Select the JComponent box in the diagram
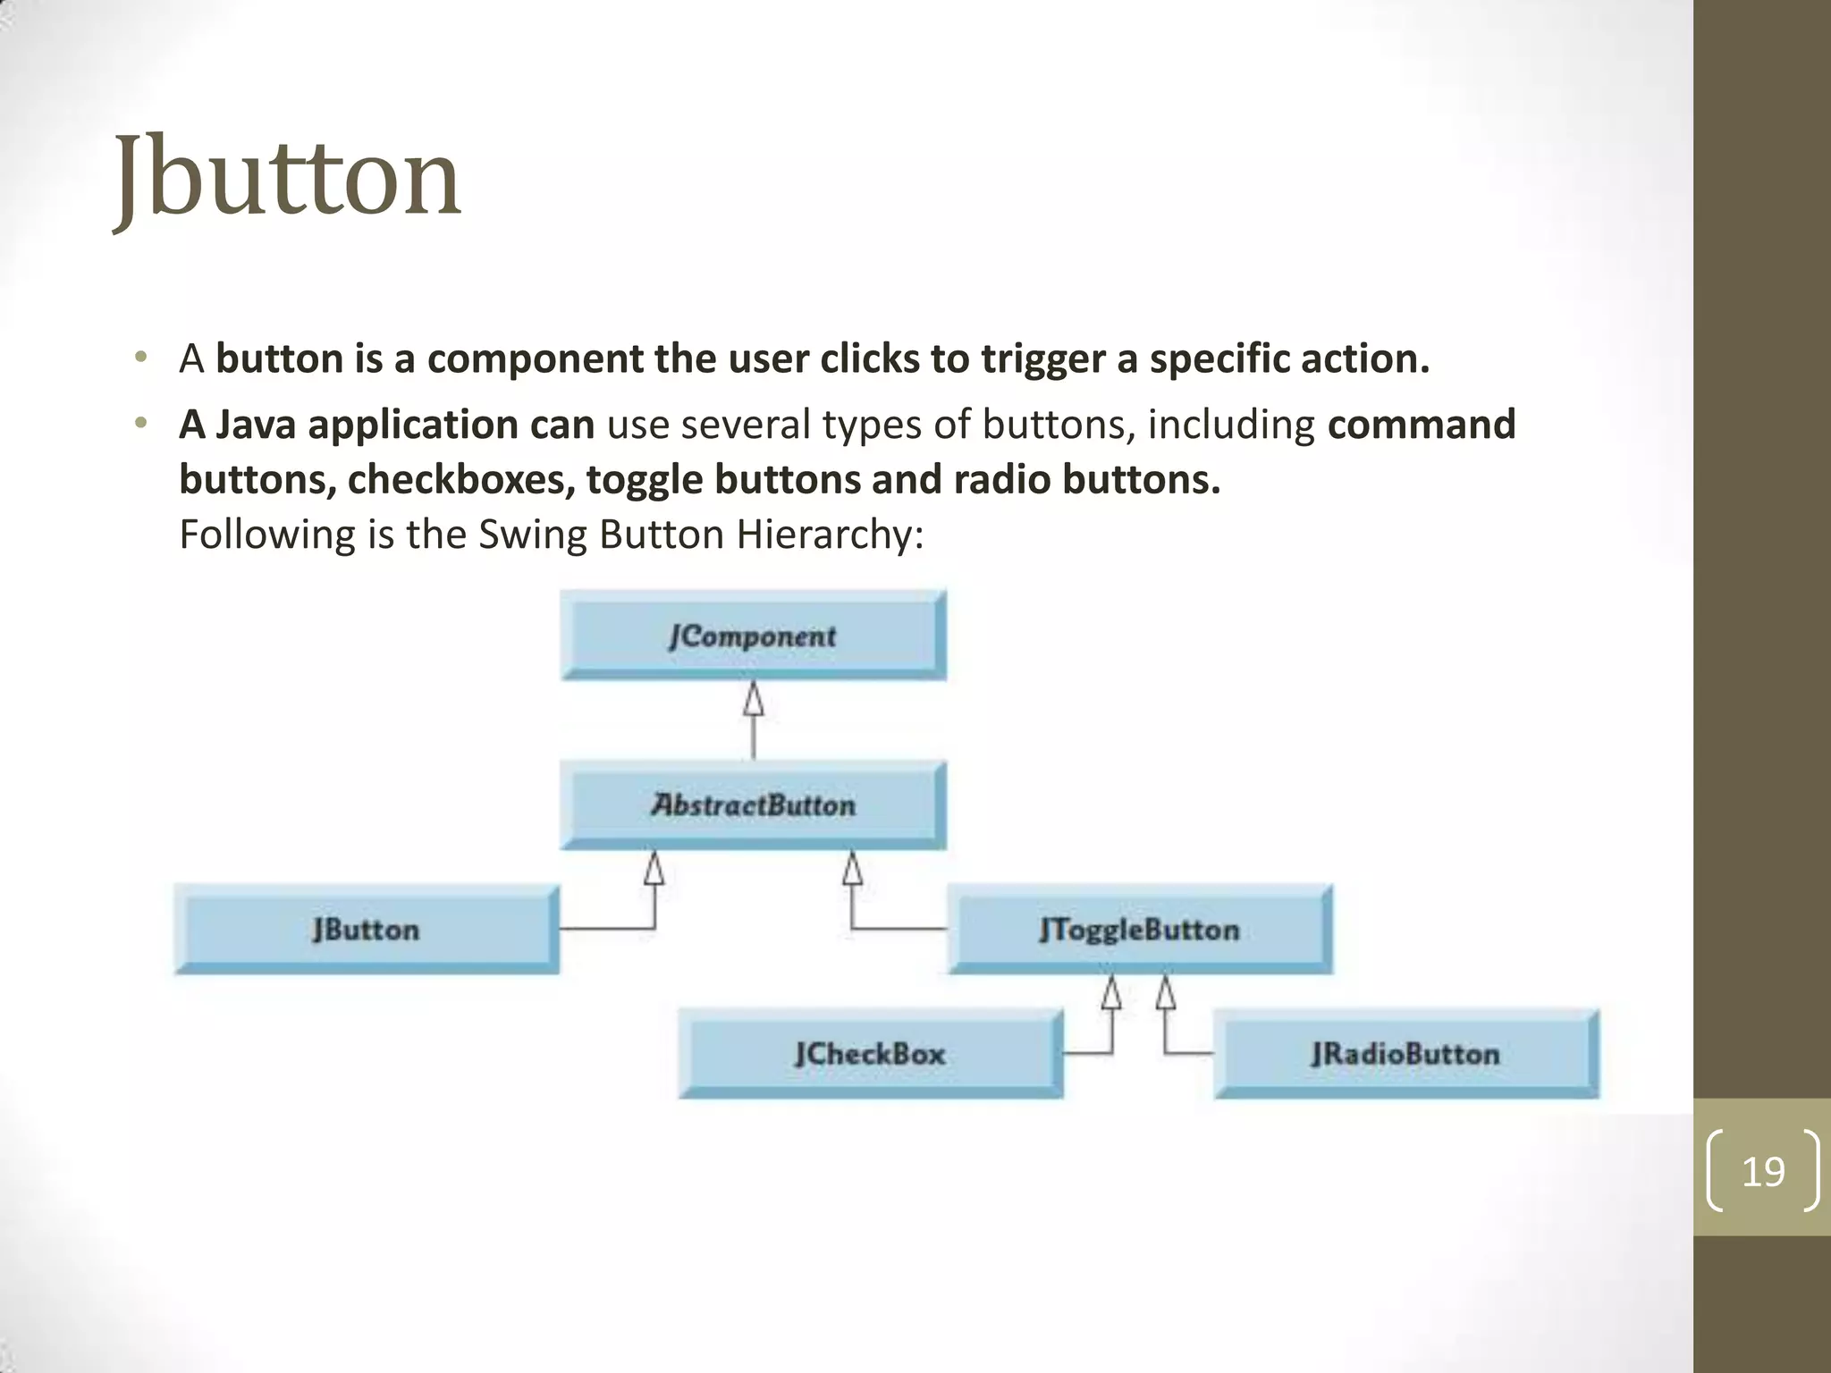pos(753,636)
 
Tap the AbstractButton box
pos(753,804)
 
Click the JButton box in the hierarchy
pos(367,929)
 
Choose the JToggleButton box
pos(1140,929)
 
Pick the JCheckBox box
pos(870,1053)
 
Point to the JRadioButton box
pos(1405,1053)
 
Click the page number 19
pos(1763,1171)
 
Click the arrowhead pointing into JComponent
pos(754,699)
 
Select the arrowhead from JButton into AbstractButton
pos(654,868)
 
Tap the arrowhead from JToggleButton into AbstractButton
pos(853,868)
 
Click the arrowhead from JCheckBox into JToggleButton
pos(1111,992)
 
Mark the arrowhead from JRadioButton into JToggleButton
pos(1165,992)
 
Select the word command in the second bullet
pos(1422,425)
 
